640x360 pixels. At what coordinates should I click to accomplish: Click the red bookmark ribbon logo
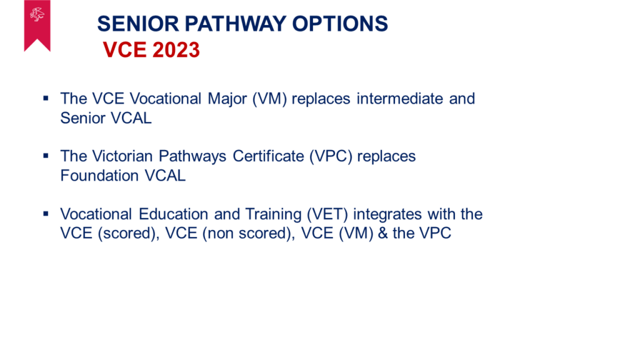[37, 24]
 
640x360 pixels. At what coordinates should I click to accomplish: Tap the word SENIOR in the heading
[138, 24]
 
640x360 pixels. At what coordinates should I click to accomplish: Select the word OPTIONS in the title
[340, 24]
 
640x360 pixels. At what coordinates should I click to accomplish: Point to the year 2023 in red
[176, 50]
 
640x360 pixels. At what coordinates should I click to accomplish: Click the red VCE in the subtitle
[124, 50]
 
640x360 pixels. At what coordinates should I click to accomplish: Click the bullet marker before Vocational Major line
[46, 98]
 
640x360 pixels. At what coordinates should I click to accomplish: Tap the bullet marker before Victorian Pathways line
[46, 156]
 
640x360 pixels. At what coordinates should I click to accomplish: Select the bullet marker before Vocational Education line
[46, 214]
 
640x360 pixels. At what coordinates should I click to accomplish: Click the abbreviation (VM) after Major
[269, 99]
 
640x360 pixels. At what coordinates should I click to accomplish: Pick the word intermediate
[399, 98]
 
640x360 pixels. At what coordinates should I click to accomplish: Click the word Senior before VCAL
[83, 118]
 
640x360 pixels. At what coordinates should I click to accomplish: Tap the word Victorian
[122, 156]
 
